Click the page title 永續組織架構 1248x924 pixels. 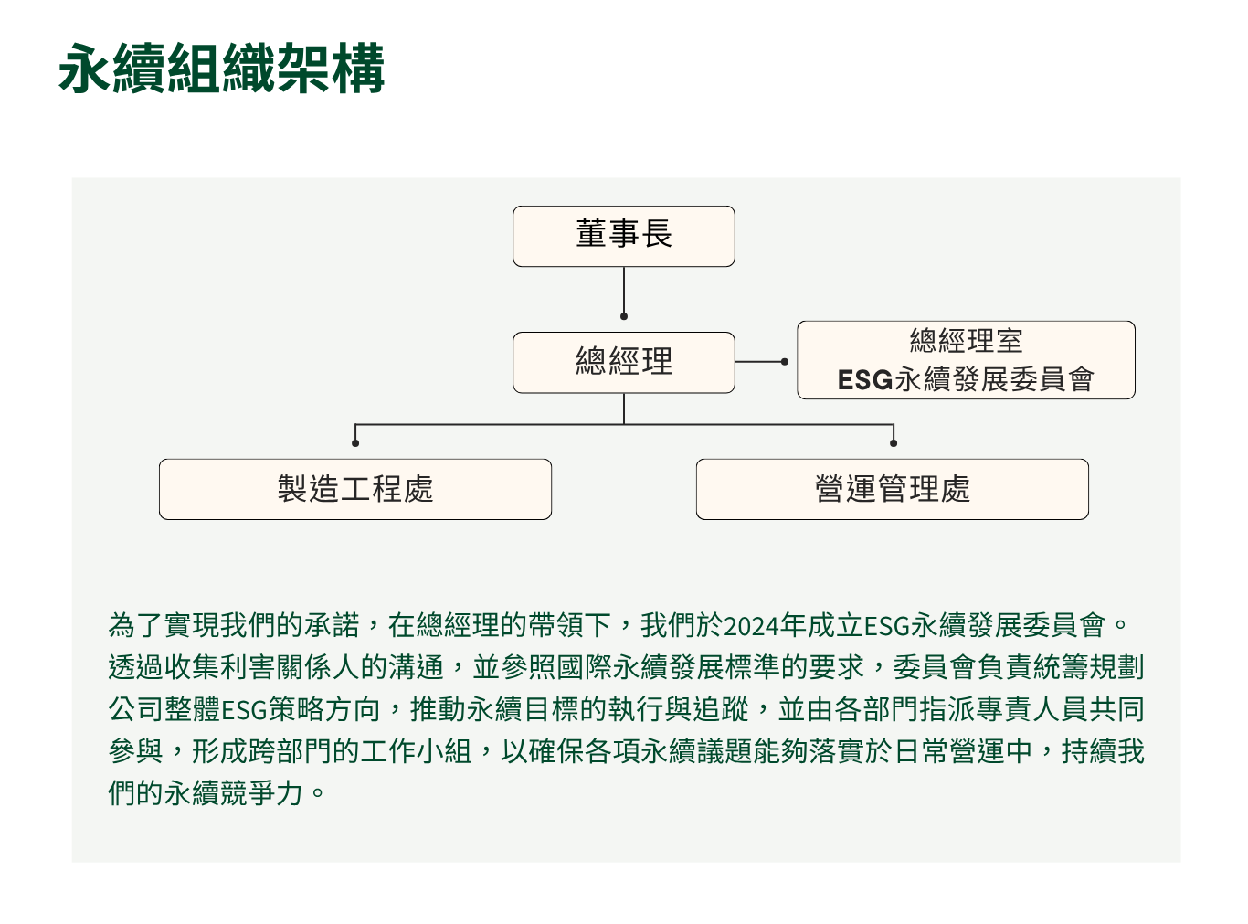coord(221,69)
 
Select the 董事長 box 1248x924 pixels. coord(623,236)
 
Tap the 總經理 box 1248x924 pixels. coord(623,362)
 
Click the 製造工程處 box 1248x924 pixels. coord(354,489)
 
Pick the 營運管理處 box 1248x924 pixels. coord(892,489)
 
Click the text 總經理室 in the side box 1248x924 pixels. coord(966,340)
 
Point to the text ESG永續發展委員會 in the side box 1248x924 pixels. coord(966,378)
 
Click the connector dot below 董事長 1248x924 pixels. coord(623,316)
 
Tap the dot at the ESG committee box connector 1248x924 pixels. coord(784,362)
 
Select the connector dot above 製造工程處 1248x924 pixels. coord(354,443)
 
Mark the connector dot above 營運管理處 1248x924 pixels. coord(893,443)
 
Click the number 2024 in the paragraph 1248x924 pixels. coord(751,625)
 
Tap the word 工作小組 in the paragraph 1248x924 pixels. coord(416,751)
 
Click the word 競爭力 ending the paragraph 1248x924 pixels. coord(261,792)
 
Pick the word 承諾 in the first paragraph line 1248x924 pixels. coord(332,625)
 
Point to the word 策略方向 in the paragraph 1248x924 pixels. coord(323,709)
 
